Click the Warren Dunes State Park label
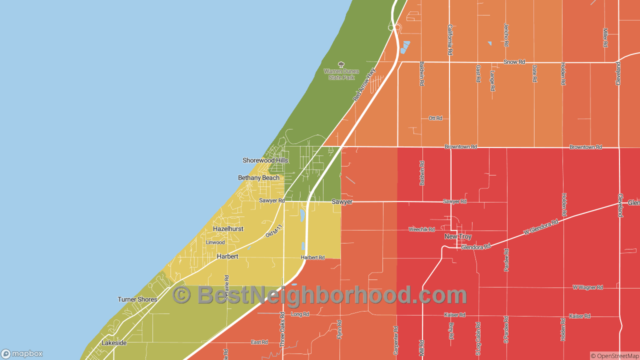click(341, 74)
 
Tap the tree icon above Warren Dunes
click(341, 64)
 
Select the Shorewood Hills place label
click(265, 160)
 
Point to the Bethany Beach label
click(258, 178)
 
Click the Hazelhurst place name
click(228, 229)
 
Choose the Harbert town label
click(227, 256)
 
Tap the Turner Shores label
click(137, 299)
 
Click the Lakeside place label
click(114, 343)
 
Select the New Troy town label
click(458, 236)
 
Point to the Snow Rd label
click(514, 62)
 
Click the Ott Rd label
click(435, 118)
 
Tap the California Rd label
click(450, 39)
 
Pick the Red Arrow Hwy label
click(364, 84)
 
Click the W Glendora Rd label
click(541, 227)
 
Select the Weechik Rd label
click(421, 229)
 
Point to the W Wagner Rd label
click(587, 287)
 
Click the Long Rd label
click(300, 314)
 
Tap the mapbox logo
click(22, 353)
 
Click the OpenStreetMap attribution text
click(614, 356)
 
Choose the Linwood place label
click(215, 242)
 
